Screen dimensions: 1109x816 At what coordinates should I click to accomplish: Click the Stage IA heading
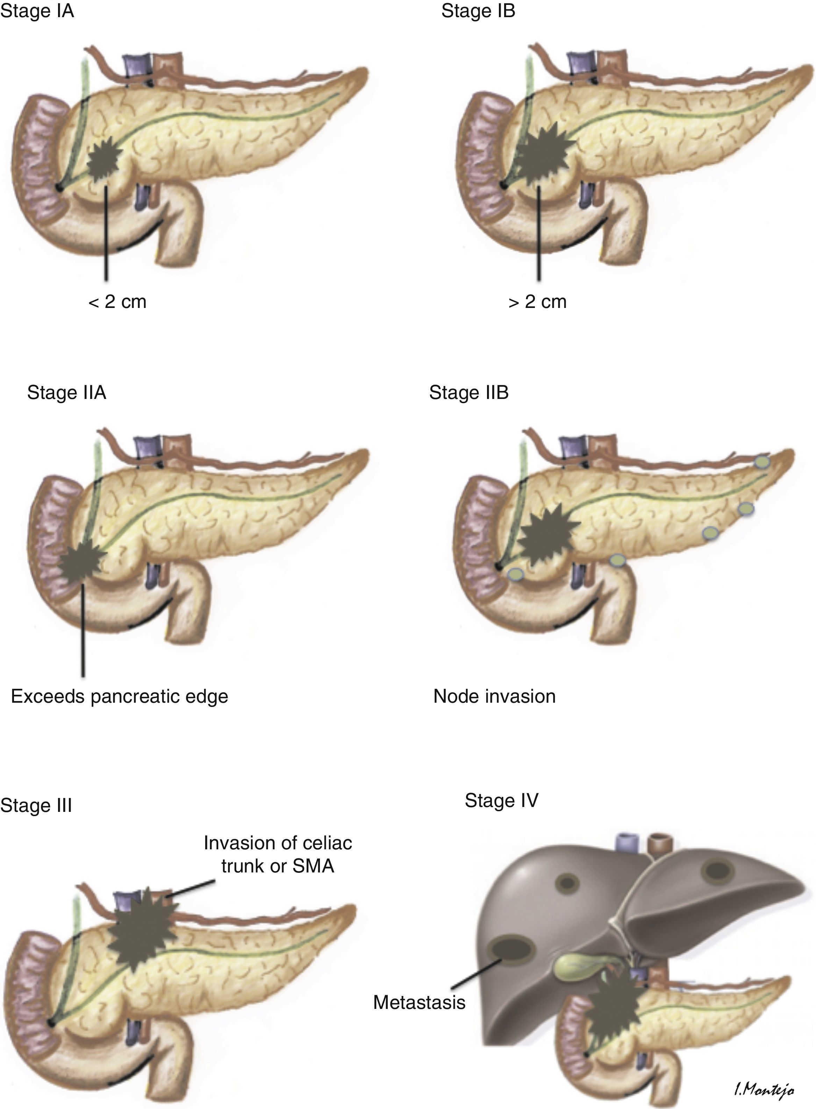point(37,11)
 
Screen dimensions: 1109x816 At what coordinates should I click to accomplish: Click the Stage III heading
point(36,805)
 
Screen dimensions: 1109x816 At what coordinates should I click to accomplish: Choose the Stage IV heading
point(501,800)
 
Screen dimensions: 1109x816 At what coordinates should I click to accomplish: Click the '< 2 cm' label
point(117,302)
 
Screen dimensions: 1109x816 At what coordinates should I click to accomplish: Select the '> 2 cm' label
point(537,302)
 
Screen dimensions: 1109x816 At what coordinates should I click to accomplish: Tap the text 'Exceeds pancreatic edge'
point(120,696)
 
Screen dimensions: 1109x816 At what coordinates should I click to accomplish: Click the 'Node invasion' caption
point(494,696)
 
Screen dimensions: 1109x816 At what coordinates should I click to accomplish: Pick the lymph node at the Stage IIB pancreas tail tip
point(762,461)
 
